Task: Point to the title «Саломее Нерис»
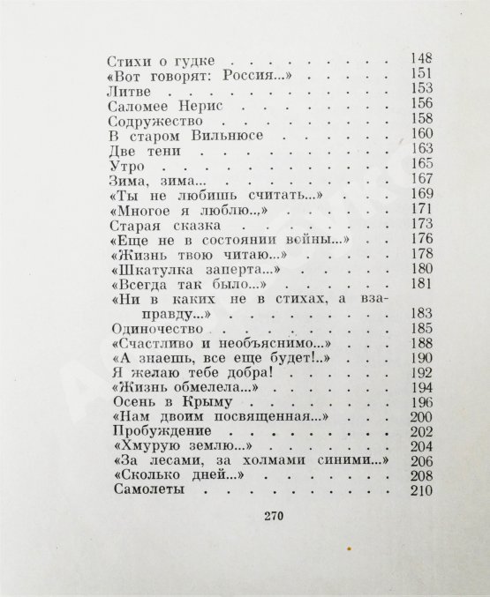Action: tap(162, 105)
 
